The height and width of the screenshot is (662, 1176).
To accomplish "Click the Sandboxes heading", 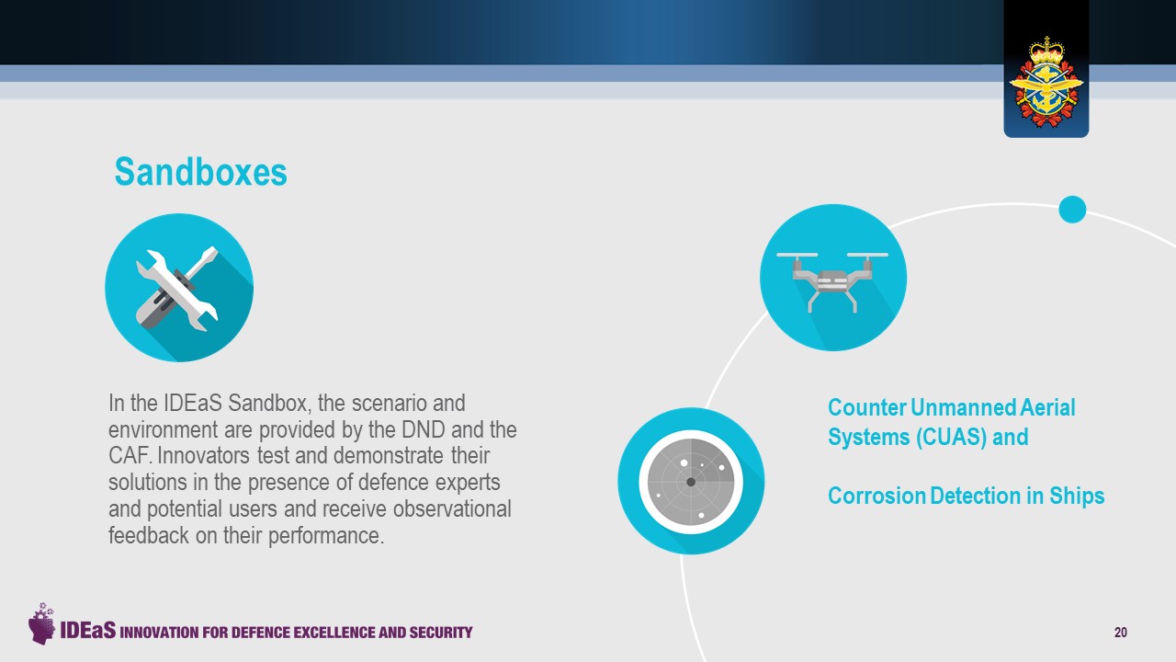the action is [x=200, y=172].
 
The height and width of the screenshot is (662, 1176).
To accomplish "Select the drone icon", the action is [x=833, y=278].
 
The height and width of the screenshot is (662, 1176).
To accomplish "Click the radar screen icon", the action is [x=691, y=481].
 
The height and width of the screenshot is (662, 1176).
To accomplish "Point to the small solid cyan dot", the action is [x=1072, y=209].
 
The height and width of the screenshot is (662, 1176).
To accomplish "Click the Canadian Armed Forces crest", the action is [x=1046, y=83].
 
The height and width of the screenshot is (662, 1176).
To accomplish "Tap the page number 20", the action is [x=1120, y=632].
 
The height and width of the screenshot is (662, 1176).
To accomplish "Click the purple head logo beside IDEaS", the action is [x=41, y=624].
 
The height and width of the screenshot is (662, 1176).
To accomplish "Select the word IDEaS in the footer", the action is [x=87, y=630].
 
